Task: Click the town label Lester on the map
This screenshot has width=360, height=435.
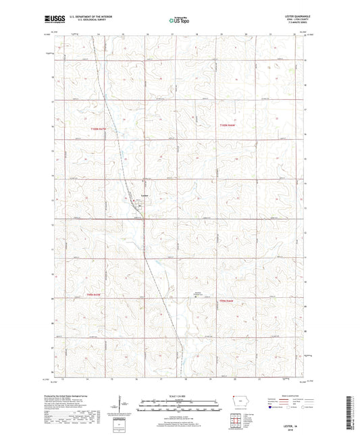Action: point(143,197)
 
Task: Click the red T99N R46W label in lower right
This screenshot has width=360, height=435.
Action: point(228,301)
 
